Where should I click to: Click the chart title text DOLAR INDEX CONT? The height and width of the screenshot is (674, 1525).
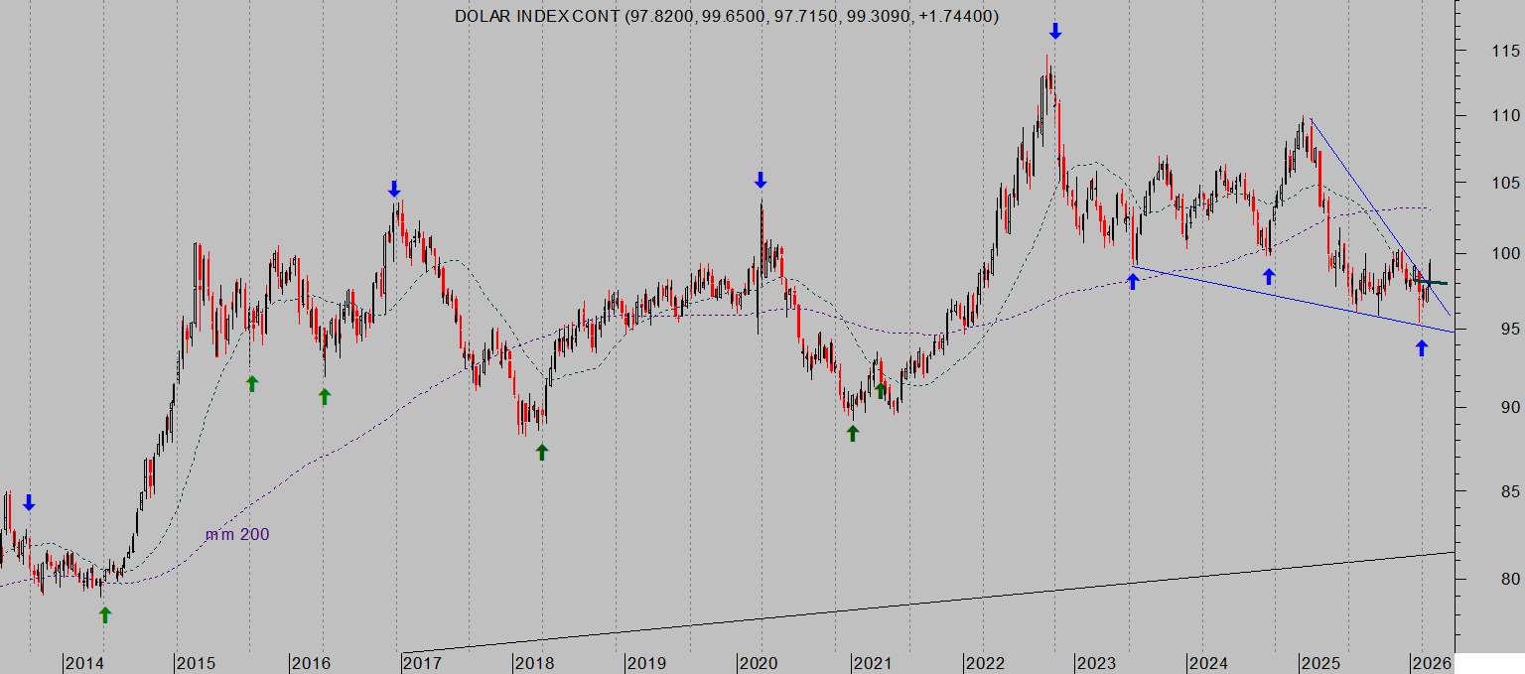537,16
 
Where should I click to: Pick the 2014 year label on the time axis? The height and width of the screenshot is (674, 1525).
84,662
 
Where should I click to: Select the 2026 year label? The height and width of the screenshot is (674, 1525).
1432,662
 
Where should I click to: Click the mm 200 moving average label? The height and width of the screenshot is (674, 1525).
237,535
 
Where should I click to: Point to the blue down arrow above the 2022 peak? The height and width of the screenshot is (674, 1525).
1055,32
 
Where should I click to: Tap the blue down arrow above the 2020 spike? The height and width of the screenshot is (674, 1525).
761,180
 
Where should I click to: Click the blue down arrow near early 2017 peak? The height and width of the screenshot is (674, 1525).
394,189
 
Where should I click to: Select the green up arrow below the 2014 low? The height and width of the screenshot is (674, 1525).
105,615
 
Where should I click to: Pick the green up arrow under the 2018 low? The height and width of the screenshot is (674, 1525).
542,452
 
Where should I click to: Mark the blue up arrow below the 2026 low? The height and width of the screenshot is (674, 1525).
1421,348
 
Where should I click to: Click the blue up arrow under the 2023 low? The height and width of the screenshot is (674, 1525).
1133,281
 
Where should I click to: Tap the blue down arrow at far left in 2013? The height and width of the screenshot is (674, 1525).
29,502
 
